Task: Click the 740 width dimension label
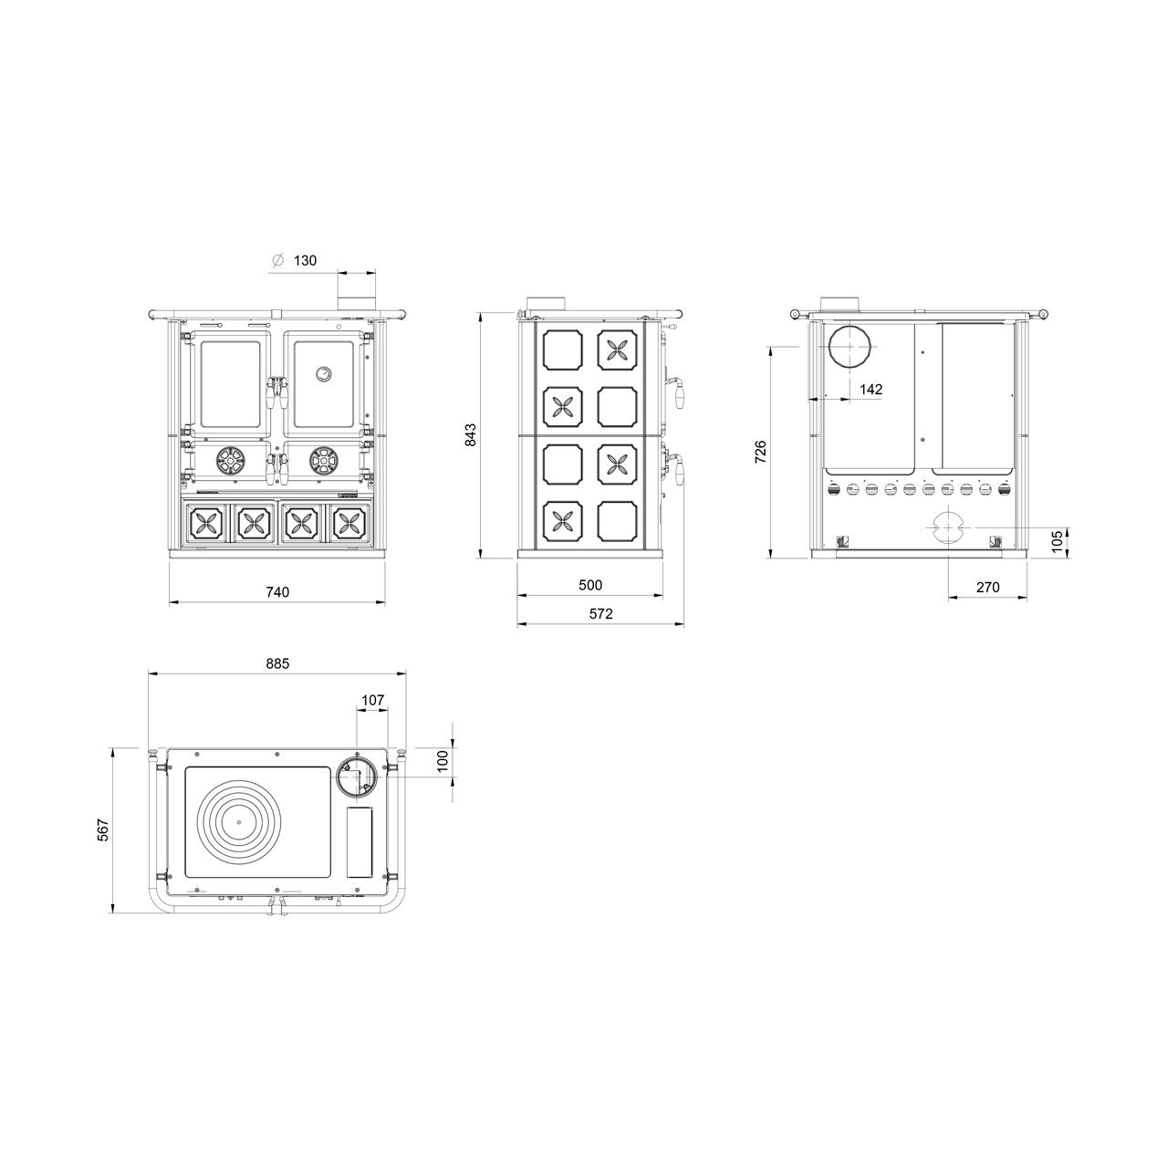tap(277, 592)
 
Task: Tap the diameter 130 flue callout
tap(295, 260)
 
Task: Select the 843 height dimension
tap(470, 434)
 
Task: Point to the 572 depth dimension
tap(600, 613)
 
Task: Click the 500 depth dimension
tap(590, 585)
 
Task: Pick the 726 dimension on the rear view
tap(760, 453)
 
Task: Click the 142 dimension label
tap(871, 389)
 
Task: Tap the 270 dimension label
tap(988, 587)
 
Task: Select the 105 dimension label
tap(1057, 541)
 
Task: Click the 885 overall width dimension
tap(277, 663)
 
